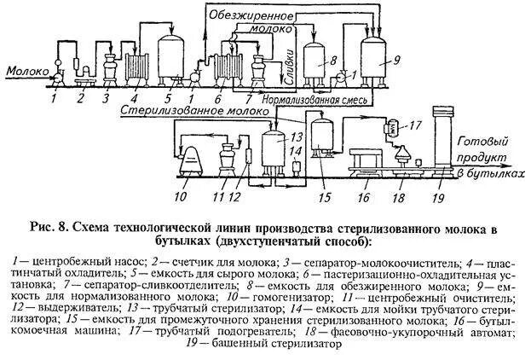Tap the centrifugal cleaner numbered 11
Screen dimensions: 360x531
(x=228, y=158)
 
